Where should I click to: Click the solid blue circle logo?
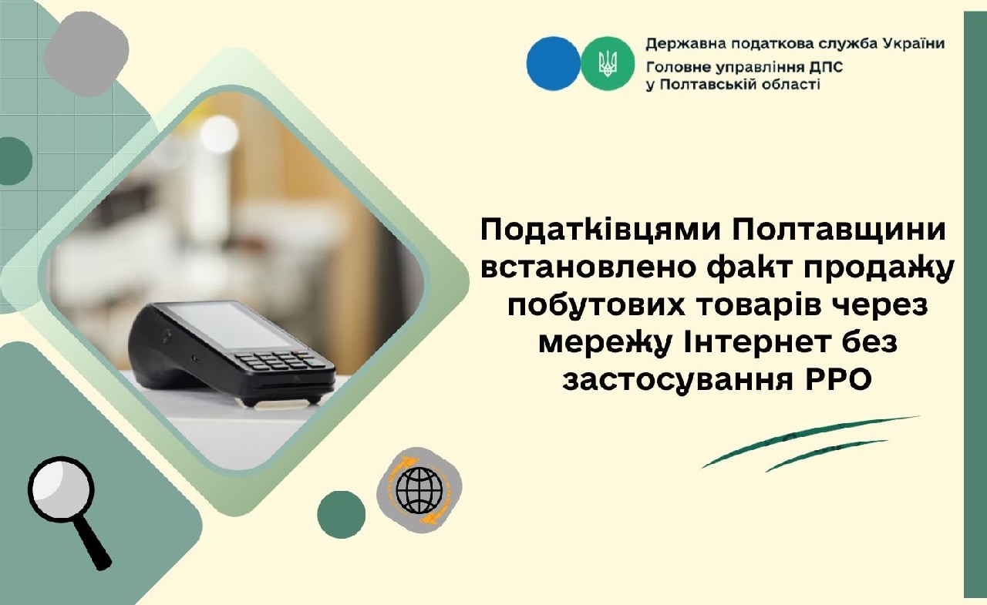[553, 64]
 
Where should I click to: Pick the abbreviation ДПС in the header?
[824, 66]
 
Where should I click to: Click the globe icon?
[419, 488]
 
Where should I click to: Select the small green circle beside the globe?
[341, 514]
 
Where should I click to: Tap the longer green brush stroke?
[810, 440]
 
